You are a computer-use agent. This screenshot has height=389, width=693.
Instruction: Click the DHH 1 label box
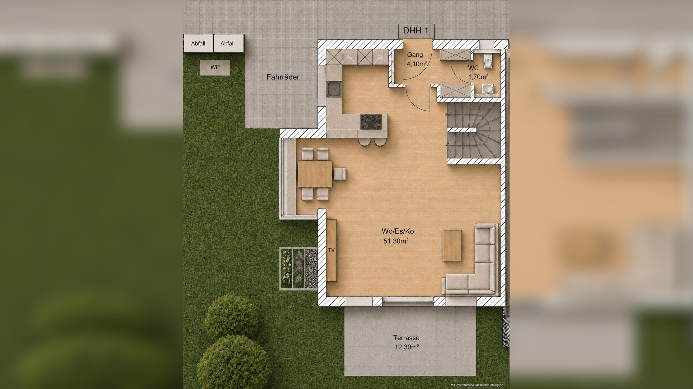coord(416,31)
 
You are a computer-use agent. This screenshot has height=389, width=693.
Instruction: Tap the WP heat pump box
coord(215,67)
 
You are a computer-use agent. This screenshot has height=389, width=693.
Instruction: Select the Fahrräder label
coord(283,77)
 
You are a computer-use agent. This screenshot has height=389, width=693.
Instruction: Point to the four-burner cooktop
coord(371,122)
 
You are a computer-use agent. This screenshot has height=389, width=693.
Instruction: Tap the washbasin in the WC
coord(487,89)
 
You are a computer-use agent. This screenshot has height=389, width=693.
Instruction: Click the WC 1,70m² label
coord(478,72)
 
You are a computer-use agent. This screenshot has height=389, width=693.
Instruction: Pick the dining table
coord(315,173)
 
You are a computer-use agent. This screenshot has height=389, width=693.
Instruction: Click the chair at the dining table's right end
coord(340,173)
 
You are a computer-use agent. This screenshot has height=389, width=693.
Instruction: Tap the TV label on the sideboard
coord(331,250)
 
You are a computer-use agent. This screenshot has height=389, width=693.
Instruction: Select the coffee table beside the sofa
coord(452,245)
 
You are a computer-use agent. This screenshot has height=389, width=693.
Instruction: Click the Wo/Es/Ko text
coord(398,231)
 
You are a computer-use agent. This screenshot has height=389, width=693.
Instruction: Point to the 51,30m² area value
coord(396,241)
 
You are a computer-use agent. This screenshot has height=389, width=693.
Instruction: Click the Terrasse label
coord(406,337)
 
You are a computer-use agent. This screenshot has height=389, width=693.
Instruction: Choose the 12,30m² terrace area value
coord(407,347)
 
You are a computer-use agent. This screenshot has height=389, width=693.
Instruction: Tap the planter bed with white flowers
coord(286,268)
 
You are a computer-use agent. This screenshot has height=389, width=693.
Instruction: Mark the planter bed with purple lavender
coord(299,268)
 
